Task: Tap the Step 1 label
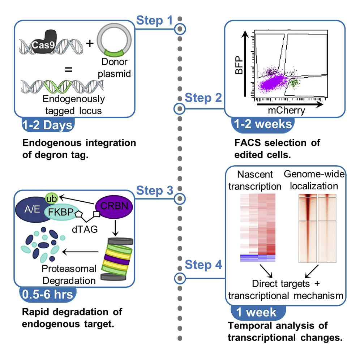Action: [154, 21]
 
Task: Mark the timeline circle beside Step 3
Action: [179, 198]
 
